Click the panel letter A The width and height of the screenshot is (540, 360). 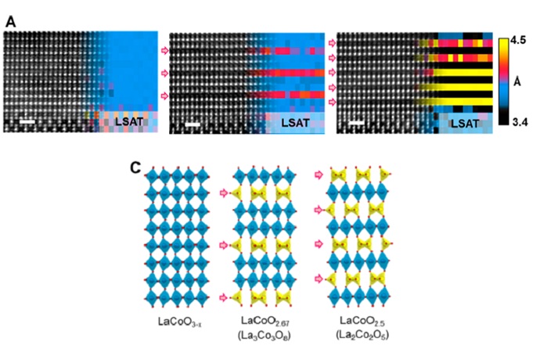coord(10,23)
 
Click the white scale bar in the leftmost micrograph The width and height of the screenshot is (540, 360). coord(27,122)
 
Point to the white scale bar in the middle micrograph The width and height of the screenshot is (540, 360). coord(193,124)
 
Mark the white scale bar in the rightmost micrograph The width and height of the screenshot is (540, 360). coord(357,123)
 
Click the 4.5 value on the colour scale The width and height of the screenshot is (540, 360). coord(520,38)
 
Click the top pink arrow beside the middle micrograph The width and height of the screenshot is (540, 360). coord(164,50)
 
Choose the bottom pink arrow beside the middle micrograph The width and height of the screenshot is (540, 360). coord(164,95)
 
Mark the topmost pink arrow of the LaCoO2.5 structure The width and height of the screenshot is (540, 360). coord(316,174)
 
